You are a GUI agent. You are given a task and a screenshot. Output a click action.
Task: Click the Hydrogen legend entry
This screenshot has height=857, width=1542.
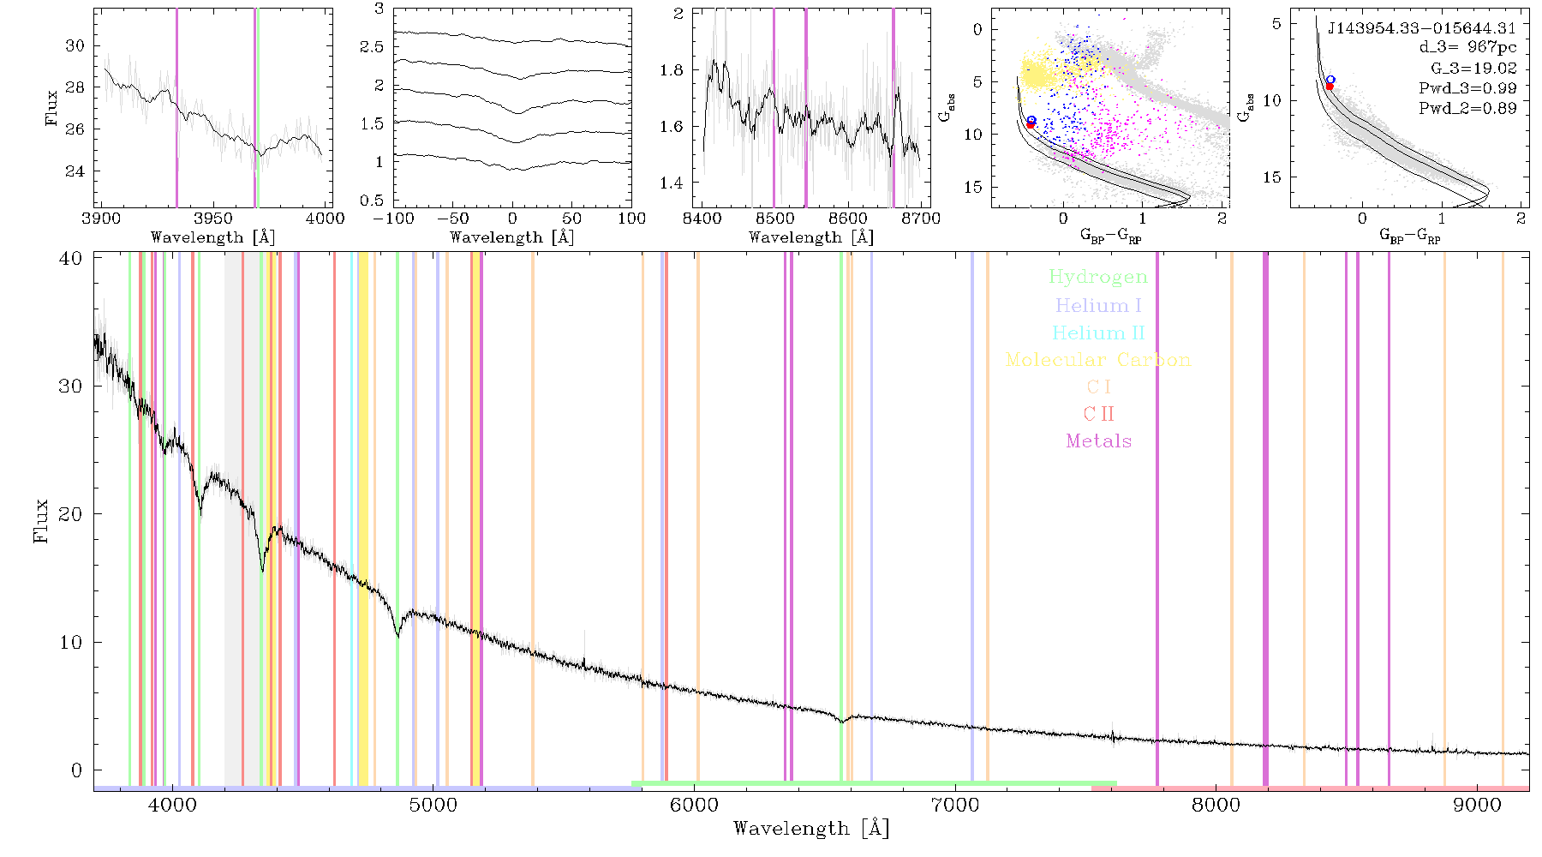point(1098,278)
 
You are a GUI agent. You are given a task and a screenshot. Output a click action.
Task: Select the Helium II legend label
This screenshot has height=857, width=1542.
point(1098,333)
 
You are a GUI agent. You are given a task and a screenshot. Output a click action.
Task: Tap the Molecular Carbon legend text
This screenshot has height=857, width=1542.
point(1098,360)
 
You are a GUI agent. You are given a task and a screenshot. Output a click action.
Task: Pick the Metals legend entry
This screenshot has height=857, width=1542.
point(1099,441)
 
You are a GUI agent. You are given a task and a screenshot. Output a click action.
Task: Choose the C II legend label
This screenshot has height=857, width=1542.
point(1099,414)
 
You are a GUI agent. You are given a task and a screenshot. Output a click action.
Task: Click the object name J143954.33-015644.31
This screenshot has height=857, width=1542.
point(1422,28)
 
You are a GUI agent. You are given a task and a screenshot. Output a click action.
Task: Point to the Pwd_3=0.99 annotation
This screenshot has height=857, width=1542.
point(1467,88)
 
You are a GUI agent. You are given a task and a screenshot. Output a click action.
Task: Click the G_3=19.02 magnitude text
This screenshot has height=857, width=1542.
point(1473,69)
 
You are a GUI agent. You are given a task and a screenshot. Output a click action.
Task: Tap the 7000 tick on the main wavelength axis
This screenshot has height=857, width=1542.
point(954,806)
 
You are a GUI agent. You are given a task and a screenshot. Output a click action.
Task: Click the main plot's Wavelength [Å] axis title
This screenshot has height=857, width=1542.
point(811,829)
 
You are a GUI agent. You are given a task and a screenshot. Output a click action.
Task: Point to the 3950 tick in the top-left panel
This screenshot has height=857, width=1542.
point(213,219)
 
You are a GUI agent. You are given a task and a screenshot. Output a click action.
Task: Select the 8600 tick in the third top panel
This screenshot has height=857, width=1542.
point(848,219)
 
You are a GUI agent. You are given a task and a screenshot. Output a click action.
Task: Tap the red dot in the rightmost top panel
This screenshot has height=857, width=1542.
point(1330,87)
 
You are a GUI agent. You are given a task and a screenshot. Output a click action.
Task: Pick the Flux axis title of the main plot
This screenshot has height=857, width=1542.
point(40,520)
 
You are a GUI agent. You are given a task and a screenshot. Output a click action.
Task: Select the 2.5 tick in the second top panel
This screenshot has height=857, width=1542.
point(373,47)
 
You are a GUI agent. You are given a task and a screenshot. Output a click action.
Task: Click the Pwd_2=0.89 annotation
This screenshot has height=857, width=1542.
point(1467,109)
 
